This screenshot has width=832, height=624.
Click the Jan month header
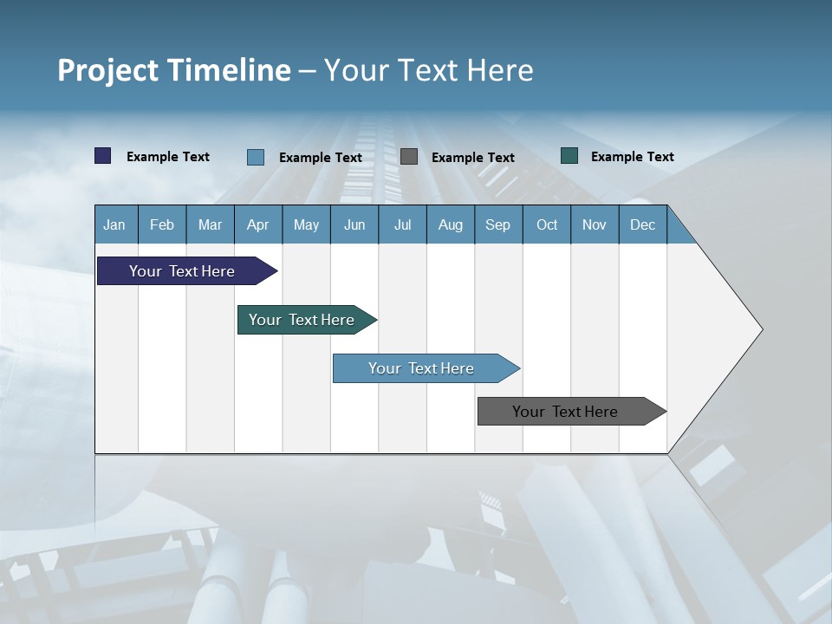(x=115, y=224)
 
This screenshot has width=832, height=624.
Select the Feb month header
(x=162, y=224)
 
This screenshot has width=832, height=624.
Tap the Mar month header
(x=210, y=224)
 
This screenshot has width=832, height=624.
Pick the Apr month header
(x=258, y=224)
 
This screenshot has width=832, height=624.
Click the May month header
(x=306, y=224)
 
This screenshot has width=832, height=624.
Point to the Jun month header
(x=354, y=224)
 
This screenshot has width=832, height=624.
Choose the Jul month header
(x=402, y=224)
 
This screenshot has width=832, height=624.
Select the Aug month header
(x=451, y=224)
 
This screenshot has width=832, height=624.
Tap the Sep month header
(x=498, y=224)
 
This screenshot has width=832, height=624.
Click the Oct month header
(x=547, y=224)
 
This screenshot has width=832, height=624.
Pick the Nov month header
(x=595, y=224)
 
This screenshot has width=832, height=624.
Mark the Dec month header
(x=643, y=224)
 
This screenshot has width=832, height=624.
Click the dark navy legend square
(x=103, y=156)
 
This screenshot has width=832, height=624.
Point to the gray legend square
(x=409, y=157)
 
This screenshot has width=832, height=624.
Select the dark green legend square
(x=569, y=156)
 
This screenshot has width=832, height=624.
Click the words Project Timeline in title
(x=174, y=70)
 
